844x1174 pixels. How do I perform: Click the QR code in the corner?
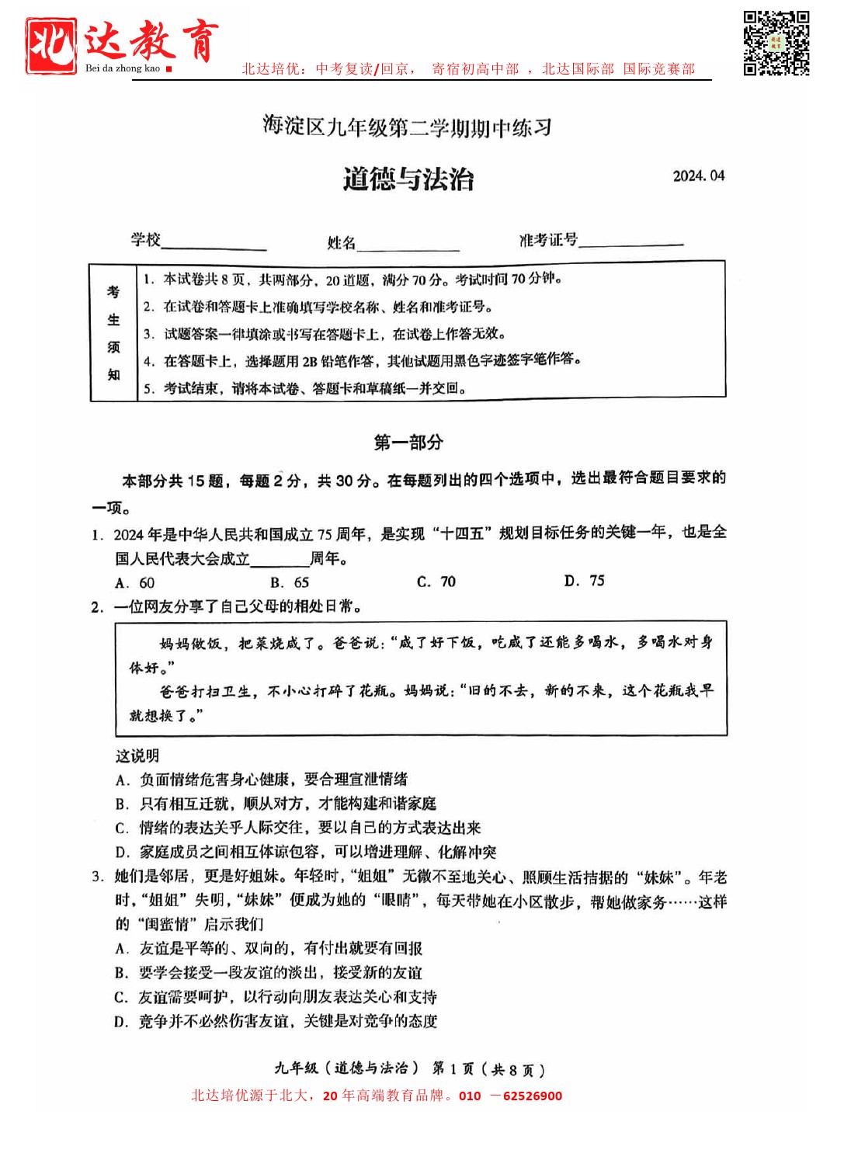776,43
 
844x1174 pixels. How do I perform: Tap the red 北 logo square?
51,45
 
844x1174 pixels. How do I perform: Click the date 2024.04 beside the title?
698,176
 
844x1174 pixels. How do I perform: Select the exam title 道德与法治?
408,179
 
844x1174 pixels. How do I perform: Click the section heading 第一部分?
408,443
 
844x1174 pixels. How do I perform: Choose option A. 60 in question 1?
135,583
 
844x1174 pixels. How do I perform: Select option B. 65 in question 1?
290,582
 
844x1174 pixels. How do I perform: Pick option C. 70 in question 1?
436,582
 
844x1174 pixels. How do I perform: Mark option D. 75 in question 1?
584,581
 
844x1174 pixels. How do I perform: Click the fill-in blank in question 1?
280,559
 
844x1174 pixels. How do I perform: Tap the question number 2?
97,607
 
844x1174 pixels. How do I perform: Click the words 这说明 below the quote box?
137,756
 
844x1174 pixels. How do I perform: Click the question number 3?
97,877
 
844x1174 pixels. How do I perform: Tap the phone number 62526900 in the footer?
532,1096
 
